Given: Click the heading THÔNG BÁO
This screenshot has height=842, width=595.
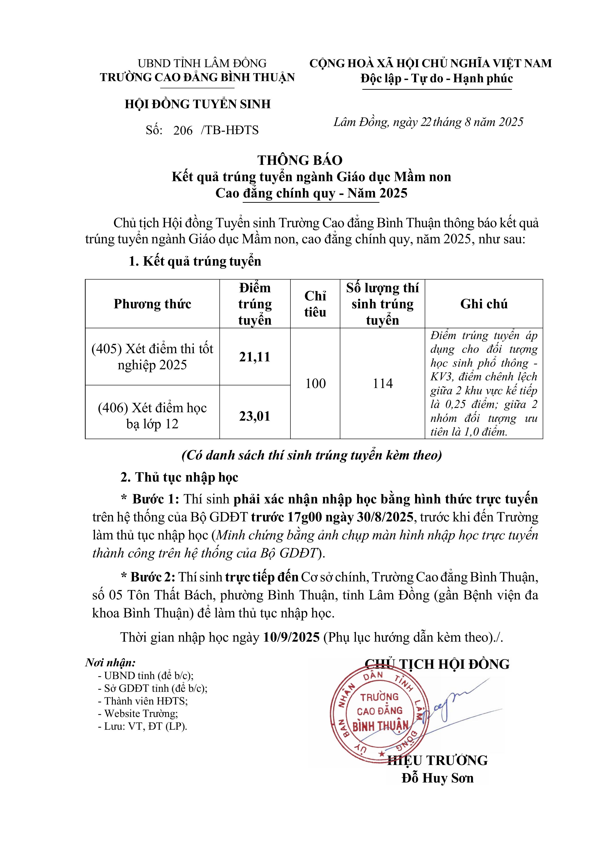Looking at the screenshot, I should click(x=300, y=160).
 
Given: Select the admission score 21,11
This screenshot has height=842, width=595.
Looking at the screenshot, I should click(x=254, y=357).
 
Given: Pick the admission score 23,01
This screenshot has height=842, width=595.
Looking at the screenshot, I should click(x=254, y=416).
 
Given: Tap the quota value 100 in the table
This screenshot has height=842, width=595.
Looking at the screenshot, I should click(x=315, y=384).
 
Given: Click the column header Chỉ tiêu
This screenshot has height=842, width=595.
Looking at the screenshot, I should click(x=315, y=304).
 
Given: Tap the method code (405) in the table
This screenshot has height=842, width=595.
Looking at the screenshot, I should click(x=106, y=349).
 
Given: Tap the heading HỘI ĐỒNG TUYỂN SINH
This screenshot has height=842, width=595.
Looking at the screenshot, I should click(x=198, y=105).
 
